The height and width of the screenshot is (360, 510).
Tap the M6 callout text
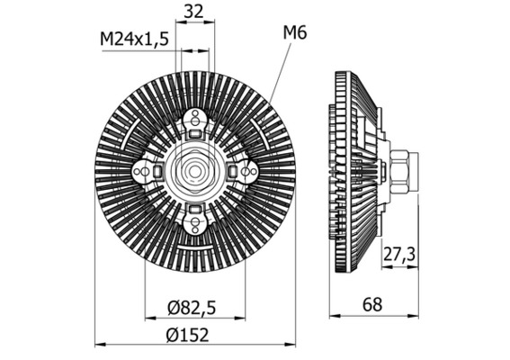pos(295,33)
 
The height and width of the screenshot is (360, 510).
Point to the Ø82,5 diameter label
pos(191,308)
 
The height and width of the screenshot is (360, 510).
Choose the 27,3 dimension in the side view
pos(398,255)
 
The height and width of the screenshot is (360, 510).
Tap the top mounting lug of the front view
pos(195,121)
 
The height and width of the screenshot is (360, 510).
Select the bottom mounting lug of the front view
pos(195,217)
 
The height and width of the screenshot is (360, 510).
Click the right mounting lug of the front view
pos(244,169)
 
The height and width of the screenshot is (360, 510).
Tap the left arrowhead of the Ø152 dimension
pos(99,344)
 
